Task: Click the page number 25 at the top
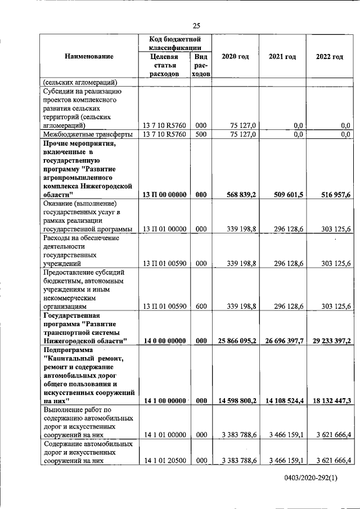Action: click(196, 25)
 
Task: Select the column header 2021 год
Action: click(282, 57)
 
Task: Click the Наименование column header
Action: click(89, 57)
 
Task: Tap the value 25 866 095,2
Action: click(237, 341)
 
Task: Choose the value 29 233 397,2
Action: click(331, 341)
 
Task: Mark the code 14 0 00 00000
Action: click(165, 341)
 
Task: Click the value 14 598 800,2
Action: click(237, 401)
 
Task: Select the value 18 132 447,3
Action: click(331, 401)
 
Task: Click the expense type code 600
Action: click(201, 306)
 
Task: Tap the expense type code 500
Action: click(201, 134)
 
